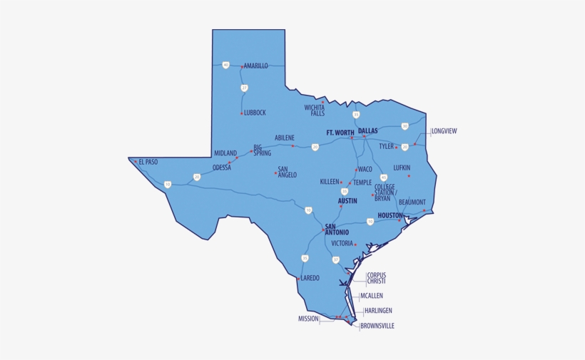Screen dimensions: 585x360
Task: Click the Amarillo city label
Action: [x=256, y=66]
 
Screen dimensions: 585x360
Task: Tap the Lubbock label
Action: [x=255, y=113]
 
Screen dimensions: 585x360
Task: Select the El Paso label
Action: [x=148, y=162]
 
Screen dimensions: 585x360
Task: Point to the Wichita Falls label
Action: [x=315, y=110]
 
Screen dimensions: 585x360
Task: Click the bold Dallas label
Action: [x=368, y=131]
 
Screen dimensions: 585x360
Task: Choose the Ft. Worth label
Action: [x=340, y=133]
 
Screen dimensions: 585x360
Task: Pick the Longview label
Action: [x=444, y=131]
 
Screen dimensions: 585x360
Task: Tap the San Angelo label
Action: [x=288, y=172]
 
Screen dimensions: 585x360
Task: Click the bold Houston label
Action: [x=390, y=215]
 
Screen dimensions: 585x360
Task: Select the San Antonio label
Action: [x=337, y=230]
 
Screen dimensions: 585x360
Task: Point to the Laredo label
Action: [x=310, y=278]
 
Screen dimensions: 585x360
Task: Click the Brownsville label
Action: [x=377, y=326]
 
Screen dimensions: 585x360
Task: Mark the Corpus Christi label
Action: [x=377, y=278]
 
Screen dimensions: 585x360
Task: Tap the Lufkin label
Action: [x=402, y=168]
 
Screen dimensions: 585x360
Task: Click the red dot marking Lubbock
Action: [x=242, y=113]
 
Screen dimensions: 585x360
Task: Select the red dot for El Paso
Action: [x=135, y=161]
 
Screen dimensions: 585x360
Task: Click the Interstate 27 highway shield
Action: [x=244, y=88]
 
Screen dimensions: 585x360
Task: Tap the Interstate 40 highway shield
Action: [x=225, y=65]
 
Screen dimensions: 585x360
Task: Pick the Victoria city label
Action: [x=342, y=243]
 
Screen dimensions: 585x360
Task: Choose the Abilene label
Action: [x=285, y=138]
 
